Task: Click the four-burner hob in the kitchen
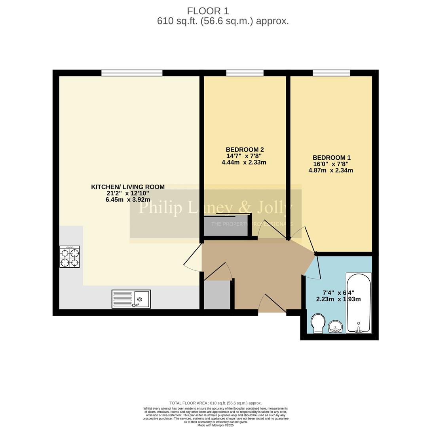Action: [70, 257]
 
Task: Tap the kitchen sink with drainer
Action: [131, 299]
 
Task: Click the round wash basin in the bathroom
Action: [335, 327]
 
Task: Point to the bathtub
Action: [359, 302]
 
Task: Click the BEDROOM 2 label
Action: [245, 150]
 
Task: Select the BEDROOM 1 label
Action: [331, 158]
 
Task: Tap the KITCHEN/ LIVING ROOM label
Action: [128, 187]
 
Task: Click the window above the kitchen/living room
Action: [132, 73]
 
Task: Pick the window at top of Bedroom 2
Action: [245, 73]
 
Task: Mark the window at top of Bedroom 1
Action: [331, 73]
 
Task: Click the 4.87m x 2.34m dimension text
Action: [331, 170]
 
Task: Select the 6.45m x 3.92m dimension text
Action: [128, 200]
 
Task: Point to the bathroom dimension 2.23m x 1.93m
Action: [338, 299]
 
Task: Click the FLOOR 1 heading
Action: [208, 11]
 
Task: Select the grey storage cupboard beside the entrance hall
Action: [216, 295]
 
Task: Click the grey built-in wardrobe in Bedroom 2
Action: [225, 226]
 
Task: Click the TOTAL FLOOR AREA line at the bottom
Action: [216, 403]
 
